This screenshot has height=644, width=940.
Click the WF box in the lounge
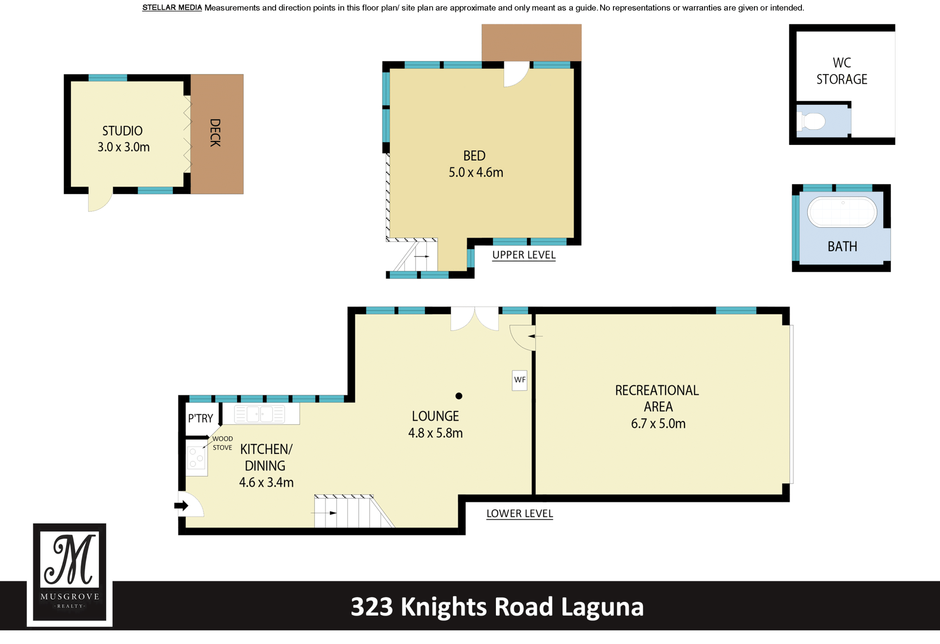tap(519, 380)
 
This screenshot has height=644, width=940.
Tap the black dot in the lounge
tap(459, 396)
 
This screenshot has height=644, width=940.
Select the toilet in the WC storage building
tap(812, 121)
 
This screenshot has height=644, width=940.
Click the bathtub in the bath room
tap(842, 212)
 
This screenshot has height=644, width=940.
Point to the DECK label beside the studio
tap(215, 133)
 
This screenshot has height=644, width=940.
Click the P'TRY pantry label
tap(201, 418)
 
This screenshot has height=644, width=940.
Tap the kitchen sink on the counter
tap(259, 414)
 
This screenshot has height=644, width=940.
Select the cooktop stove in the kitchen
tap(196, 457)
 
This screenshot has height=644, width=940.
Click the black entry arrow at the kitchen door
tap(181, 505)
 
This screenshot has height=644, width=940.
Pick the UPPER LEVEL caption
tap(524, 255)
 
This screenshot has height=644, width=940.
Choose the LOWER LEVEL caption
tap(519, 514)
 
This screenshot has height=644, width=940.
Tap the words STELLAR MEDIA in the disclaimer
tap(172, 8)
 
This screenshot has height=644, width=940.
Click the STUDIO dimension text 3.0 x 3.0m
tap(123, 147)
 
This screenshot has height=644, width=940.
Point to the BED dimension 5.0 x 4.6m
tap(476, 172)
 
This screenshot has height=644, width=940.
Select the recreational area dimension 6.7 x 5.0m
tap(658, 424)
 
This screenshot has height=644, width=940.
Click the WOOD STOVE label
tap(222, 443)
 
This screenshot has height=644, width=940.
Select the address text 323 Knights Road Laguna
tap(497, 607)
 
